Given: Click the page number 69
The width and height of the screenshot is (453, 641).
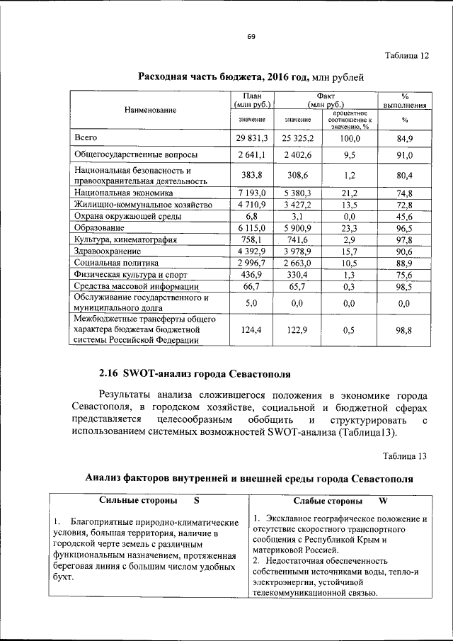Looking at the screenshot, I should point(251,37).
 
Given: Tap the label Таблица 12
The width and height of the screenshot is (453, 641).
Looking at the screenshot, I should point(406,56).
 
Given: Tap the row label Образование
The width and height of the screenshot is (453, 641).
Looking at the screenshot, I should point(100,228).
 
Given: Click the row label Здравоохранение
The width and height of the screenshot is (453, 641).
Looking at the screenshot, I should point(108,251).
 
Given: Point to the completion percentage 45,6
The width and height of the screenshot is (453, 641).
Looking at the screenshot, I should point(405,216).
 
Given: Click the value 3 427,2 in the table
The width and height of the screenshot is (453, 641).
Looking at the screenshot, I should point(298,205).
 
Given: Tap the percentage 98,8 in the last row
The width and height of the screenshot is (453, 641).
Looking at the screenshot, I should point(405,329).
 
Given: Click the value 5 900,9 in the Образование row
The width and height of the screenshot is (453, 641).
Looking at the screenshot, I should point(298,228).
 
